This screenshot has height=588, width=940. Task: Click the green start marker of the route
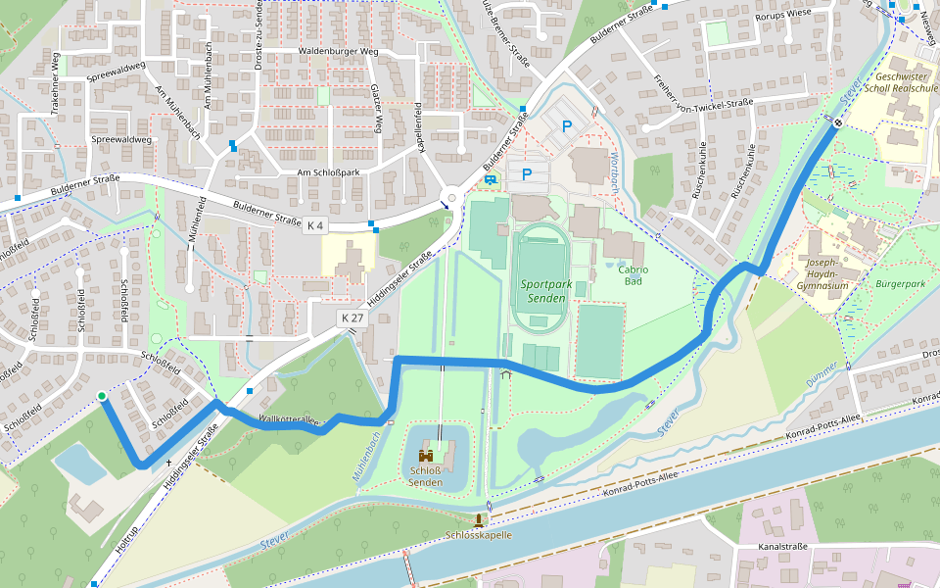point(101,396)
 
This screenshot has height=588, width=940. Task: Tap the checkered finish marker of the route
point(838,122)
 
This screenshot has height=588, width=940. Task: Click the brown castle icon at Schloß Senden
point(426,457)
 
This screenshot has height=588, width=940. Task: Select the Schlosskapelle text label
point(479,535)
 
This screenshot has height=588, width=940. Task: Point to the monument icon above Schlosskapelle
point(479,519)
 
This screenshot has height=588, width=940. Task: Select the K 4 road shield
point(314,225)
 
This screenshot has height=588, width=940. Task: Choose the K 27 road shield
point(352,318)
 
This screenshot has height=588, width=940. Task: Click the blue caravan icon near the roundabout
point(490,179)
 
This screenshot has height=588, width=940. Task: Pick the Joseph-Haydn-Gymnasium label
point(822,274)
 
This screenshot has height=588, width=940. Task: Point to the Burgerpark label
point(900,284)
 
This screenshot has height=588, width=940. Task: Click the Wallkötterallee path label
point(289,420)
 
